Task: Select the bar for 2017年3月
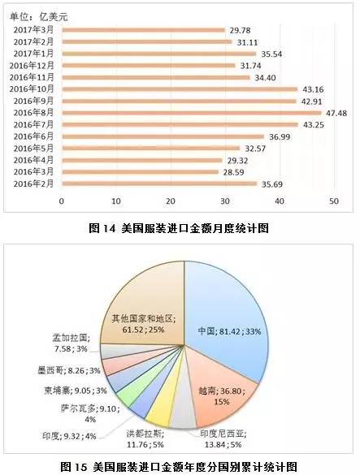(x=143, y=30)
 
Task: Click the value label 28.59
(x=232, y=172)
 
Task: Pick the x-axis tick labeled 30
(x=224, y=201)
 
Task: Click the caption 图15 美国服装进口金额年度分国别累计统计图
(x=179, y=466)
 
